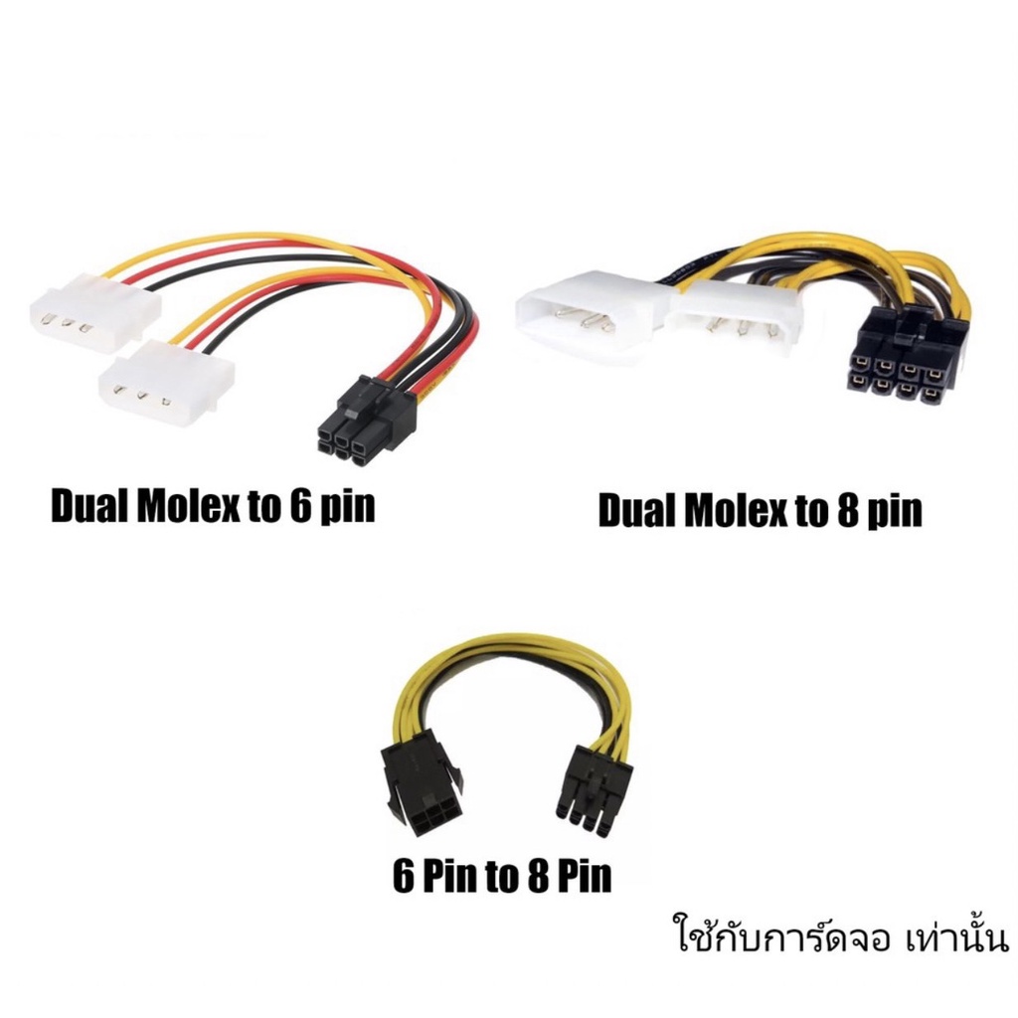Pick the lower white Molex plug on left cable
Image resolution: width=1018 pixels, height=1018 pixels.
(x=167, y=383)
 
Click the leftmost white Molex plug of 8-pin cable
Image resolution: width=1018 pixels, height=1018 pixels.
(x=593, y=321)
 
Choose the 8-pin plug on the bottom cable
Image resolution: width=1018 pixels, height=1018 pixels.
(x=593, y=788)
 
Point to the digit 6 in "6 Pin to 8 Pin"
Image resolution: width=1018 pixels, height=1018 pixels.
(x=405, y=876)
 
